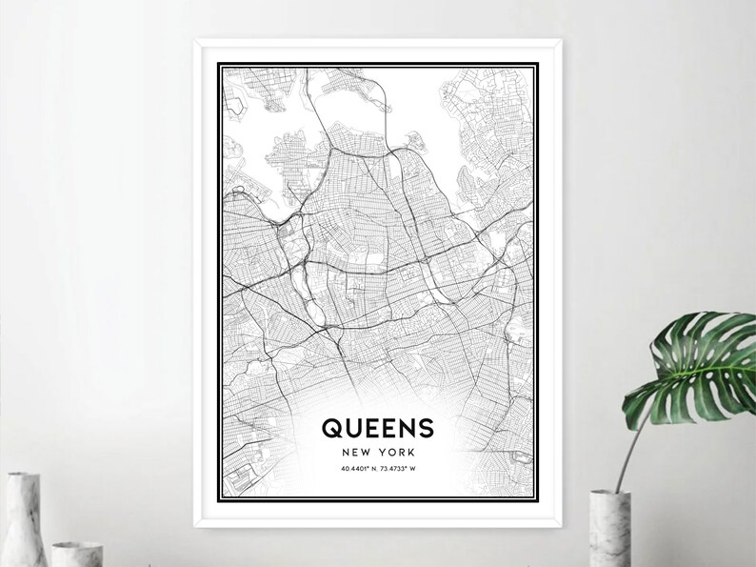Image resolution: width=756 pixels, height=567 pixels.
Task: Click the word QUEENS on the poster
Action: [x=377, y=426]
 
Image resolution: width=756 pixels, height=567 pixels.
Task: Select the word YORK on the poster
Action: [x=395, y=452]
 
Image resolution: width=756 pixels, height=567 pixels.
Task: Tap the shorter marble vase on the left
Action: [x=77, y=553]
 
